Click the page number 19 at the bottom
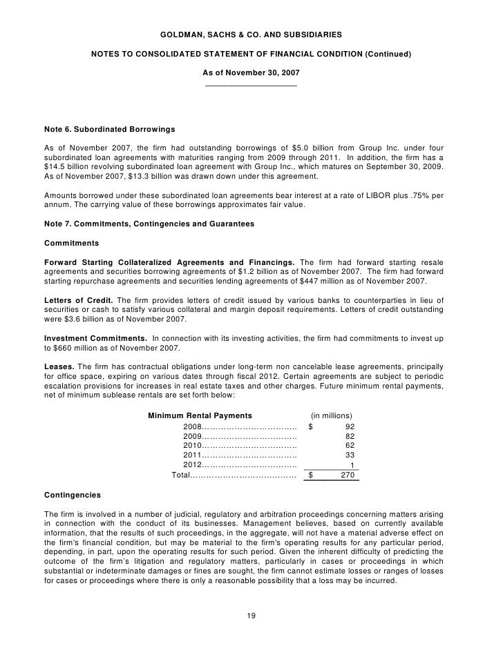point(251,615)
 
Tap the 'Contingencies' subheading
point(72,495)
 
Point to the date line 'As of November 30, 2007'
point(251,72)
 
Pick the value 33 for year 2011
point(349,455)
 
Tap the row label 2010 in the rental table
point(192,446)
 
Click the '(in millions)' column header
point(332,415)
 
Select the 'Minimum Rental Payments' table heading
point(200,415)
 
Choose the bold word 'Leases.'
point(59,365)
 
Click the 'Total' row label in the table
point(181,475)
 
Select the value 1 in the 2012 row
point(352,465)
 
